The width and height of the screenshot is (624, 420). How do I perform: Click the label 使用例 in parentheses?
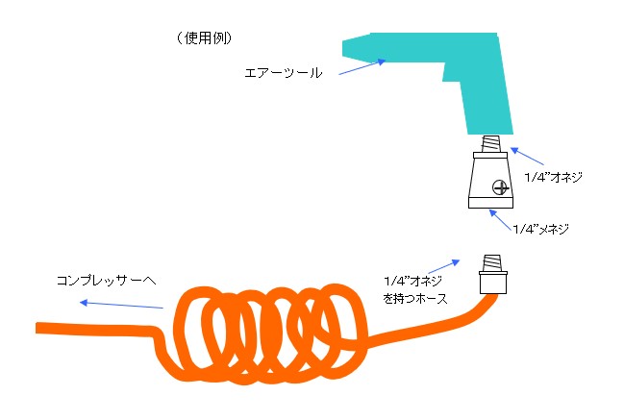pos(205,38)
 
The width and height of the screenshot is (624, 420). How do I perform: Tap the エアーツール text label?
pos(283,73)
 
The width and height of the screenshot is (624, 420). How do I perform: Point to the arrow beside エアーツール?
pos(362,67)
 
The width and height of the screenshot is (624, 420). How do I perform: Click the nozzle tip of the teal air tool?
pos(344,48)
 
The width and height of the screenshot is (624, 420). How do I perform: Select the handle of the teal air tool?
pos(487,104)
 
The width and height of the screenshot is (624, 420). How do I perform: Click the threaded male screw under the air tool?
pos(490,143)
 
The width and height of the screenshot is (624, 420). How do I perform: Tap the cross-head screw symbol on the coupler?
pos(500,187)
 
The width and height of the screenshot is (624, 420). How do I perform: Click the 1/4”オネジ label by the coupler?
pos(553,177)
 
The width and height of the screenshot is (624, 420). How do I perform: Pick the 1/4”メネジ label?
pos(540,229)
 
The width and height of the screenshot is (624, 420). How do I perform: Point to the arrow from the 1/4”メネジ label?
pos(500,219)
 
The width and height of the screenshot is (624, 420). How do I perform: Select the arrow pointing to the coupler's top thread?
pos(527,156)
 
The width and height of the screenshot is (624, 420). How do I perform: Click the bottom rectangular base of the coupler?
pos(490,203)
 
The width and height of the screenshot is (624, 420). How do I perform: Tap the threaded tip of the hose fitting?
pos(492,263)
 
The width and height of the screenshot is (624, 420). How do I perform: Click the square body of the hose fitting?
pos(493,284)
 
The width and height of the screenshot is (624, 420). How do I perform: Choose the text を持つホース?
pos(415,298)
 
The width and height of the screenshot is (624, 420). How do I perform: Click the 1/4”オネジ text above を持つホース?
pos(412,281)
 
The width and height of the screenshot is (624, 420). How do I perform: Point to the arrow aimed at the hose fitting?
pos(444,266)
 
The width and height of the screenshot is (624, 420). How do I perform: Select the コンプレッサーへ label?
pos(107,281)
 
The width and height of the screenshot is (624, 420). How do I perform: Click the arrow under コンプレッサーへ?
pos(121,305)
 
